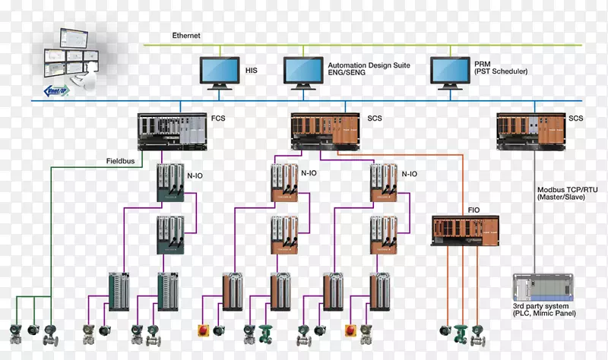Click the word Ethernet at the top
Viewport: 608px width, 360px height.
point(187,36)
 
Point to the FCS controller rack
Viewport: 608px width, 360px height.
point(172,130)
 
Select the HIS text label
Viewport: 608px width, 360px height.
point(252,70)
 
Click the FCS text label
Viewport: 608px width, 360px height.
point(217,118)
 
